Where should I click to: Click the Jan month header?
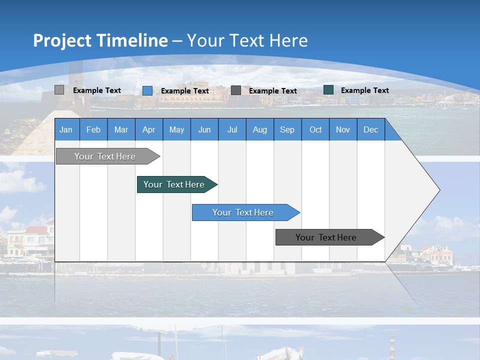point(66,129)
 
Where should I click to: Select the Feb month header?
point(93,129)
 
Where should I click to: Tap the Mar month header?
point(121,129)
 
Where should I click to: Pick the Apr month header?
point(148,129)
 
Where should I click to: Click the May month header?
point(176,129)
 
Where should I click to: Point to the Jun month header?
point(204,129)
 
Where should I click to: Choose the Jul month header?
point(232,129)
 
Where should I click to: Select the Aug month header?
point(259,129)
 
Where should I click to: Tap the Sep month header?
point(287,129)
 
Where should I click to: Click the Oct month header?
point(315,129)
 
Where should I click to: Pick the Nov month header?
point(342,129)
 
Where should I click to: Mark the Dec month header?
point(370,129)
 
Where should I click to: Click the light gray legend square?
point(59,90)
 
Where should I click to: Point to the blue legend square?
point(147,90)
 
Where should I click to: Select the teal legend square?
point(328,90)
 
